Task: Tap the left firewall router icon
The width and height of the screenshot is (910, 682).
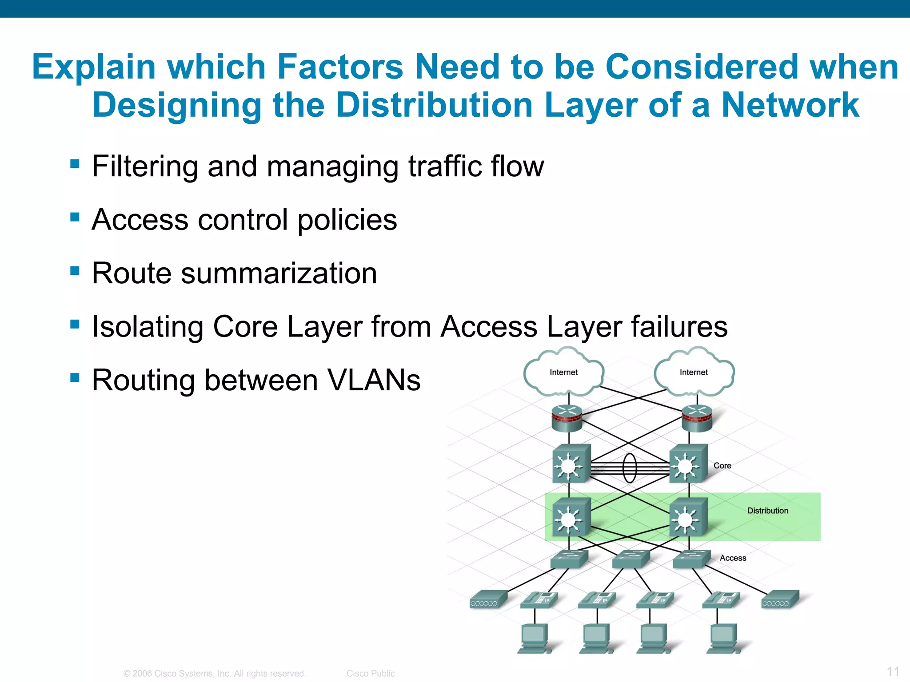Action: tap(567, 418)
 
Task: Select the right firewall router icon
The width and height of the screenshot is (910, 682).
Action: tap(697, 418)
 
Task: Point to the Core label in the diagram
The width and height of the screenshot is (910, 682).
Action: tap(722, 465)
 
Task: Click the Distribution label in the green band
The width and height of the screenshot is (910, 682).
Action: tap(767, 511)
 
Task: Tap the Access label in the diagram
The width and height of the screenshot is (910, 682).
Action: tap(733, 558)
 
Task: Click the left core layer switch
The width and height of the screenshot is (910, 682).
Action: tap(571, 464)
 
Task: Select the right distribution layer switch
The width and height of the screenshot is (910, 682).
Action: tap(688, 517)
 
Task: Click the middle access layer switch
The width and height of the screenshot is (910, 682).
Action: tap(630, 559)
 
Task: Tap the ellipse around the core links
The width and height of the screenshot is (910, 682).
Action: tap(630, 468)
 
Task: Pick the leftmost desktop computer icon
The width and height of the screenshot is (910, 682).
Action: tap(535, 638)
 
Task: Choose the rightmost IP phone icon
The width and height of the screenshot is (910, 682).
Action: tap(721, 599)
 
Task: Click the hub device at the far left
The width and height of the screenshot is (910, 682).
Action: tap(488, 599)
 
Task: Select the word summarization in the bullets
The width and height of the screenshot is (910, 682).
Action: tap(279, 273)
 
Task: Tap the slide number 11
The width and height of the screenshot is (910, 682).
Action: tap(893, 671)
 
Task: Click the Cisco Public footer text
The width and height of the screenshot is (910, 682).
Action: tap(371, 674)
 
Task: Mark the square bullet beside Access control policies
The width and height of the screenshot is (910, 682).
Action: tap(75, 218)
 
